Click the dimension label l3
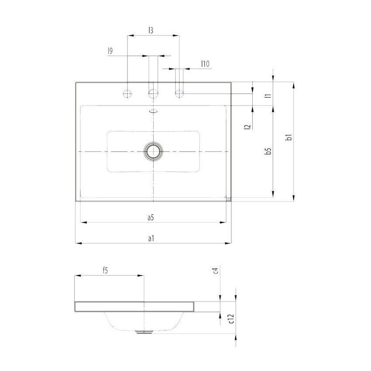151,30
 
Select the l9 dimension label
111,51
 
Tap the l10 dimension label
205,64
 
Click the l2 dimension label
247,127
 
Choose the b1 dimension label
289,138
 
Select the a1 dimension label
151,238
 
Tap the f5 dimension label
105,271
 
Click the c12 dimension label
232,319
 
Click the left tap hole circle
127,93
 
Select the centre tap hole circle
153,93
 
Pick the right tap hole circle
179,93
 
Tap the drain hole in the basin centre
153,151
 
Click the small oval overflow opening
153,111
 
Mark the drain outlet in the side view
143,332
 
